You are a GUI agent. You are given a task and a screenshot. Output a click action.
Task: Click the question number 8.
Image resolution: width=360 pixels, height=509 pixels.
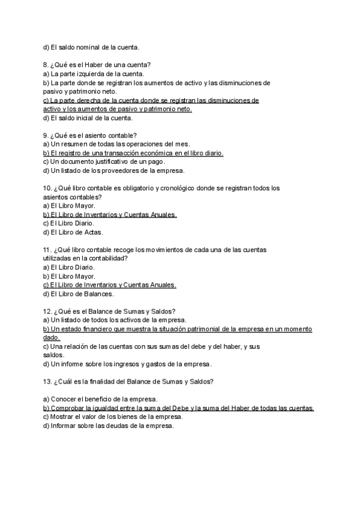pyautogui.click(x=46, y=65)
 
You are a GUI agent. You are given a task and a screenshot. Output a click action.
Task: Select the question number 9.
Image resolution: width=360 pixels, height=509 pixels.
pyautogui.click(x=46, y=136)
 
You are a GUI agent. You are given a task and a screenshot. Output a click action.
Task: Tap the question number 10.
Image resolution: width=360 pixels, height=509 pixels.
pyautogui.click(x=47, y=188)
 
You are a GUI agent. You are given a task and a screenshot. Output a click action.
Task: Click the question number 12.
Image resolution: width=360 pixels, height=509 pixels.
pyautogui.click(x=47, y=311)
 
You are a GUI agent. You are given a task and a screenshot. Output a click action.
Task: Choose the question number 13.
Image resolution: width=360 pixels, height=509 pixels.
pyautogui.click(x=47, y=381)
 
